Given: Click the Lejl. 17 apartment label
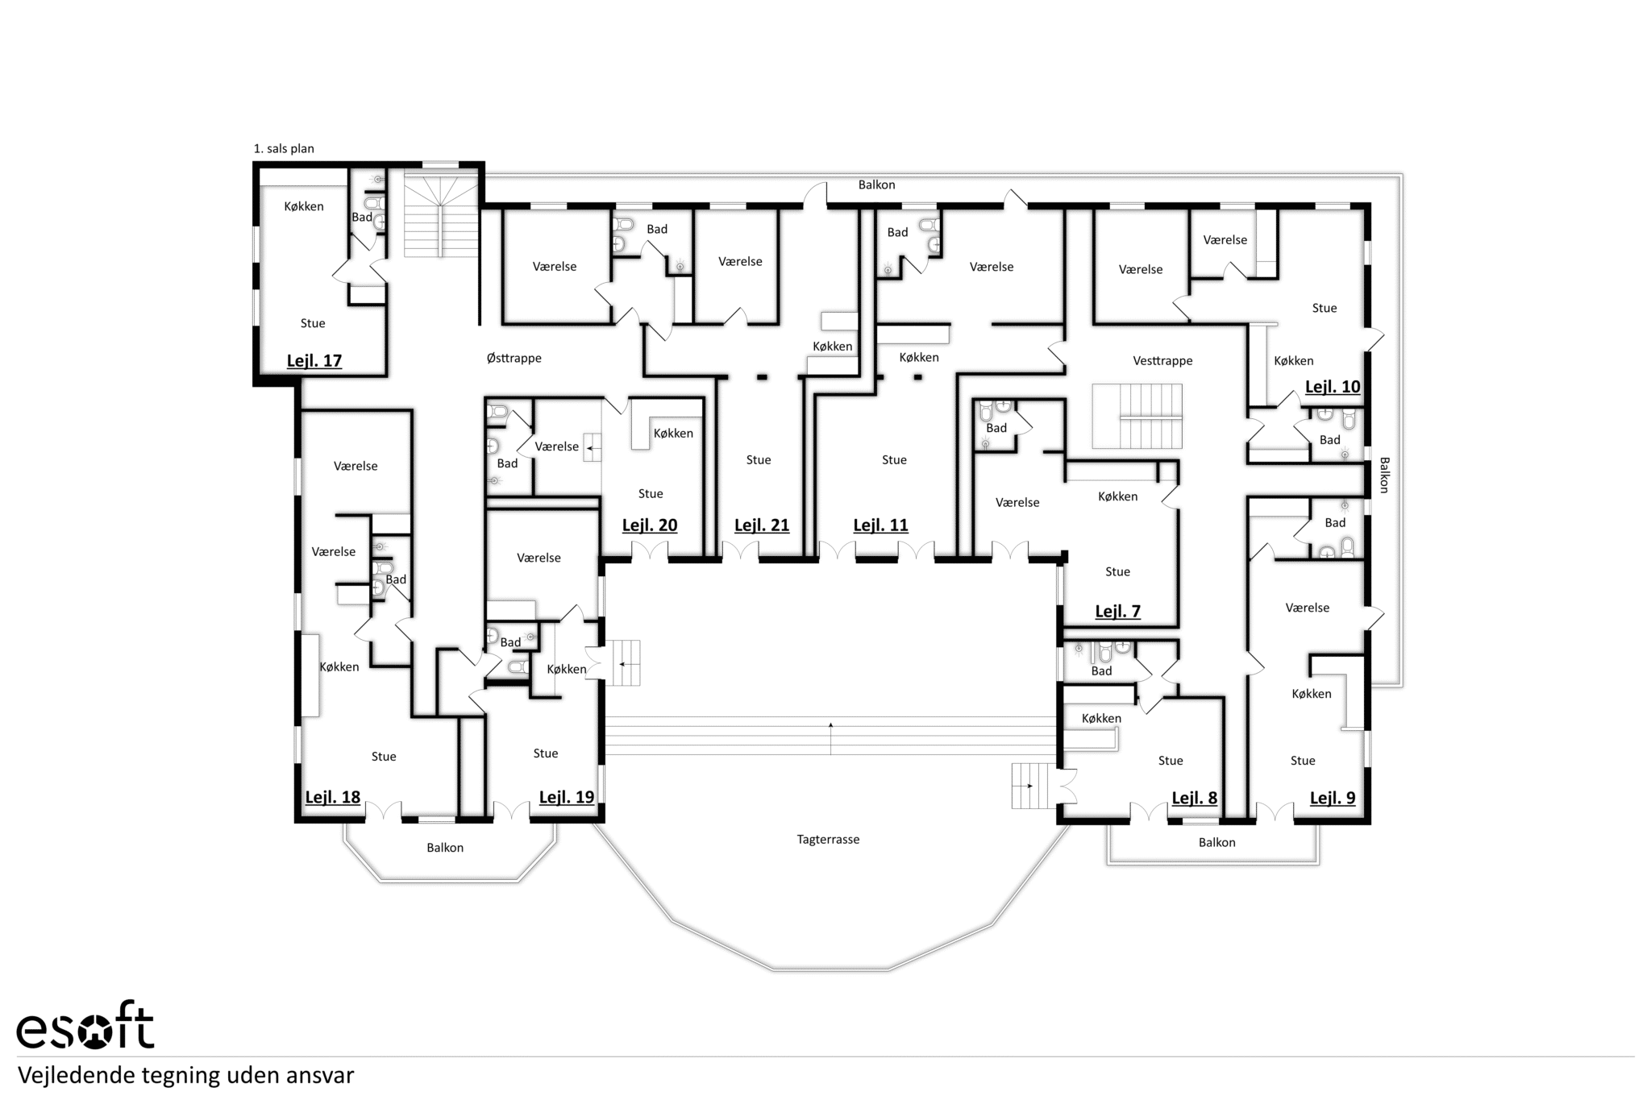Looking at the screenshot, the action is click(314, 361).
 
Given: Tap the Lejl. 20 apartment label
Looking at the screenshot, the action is click(650, 525).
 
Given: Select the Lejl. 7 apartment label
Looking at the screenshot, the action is click(1118, 612).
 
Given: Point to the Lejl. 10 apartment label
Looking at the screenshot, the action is click(1333, 387).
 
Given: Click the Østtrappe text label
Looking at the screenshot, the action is click(514, 358).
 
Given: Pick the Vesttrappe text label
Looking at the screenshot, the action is click(1162, 361).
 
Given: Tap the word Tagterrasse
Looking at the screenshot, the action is click(828, 840).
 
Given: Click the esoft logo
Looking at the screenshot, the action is click(85, 1026).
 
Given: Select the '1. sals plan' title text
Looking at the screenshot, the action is click(284, 148).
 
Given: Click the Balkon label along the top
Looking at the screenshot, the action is click(876, 185).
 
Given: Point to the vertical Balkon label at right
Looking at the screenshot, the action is click(1384, 475).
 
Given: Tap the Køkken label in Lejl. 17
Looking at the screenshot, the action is click(304, 206).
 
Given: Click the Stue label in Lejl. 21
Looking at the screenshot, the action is click(759, 460).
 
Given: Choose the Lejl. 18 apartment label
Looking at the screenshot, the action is click(333, 798).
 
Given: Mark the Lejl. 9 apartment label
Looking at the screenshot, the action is click(1333, 799).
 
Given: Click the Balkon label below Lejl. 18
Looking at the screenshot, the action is click(445, 848).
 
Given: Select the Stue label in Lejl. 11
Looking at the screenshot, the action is click(894, 460).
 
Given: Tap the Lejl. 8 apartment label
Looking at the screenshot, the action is click(1194, 799).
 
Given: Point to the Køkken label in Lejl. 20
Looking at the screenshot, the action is click(673, 434).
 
